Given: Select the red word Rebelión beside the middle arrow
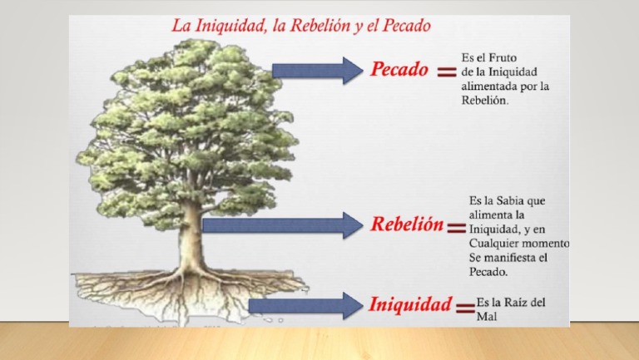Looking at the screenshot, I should pos(406,225).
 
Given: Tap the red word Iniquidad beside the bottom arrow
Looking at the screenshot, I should pos(410,304).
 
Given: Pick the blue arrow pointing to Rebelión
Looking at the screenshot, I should pos(284,225).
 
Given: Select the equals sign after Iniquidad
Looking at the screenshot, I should pos(465,307).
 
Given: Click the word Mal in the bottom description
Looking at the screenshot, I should pos(487,317).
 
